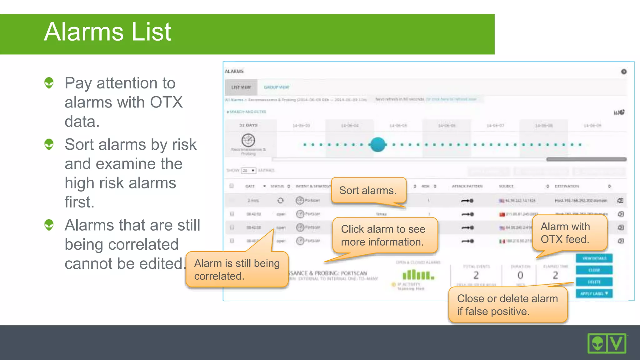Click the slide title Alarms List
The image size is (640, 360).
click(107, 32)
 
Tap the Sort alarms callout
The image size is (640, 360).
click(368, 190)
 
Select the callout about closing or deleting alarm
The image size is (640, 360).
click(507, 305)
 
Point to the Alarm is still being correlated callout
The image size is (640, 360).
click(237, 269)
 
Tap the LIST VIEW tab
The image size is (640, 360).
click(241, 87)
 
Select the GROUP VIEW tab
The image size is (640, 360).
click(277, 87)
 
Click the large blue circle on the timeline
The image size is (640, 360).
click(377, 144)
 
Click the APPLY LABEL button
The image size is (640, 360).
click(594, 293)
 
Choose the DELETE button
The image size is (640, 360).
click(594, 282)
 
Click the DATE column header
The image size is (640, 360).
click(250, 186)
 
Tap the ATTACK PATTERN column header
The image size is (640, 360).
click(467, 186)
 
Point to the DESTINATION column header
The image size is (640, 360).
click(567, 186)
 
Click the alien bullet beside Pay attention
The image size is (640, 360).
click(49, 83)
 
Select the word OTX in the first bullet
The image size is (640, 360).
click(166, 102)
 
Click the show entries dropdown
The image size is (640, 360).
click(249, 171)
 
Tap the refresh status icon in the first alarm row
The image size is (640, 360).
click(280, 200)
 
